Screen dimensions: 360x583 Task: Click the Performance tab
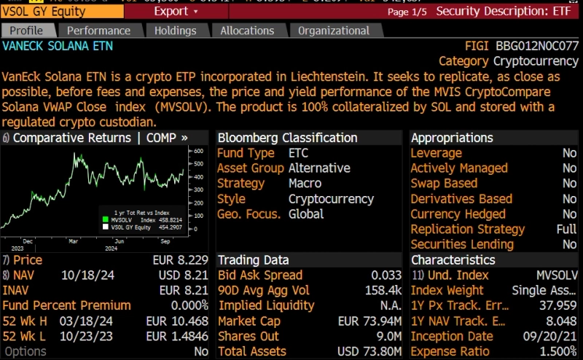click(x=98, y=31)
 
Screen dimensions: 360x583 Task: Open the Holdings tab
click(x=176, y=31)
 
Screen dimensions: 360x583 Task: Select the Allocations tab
click(x=247, y=31)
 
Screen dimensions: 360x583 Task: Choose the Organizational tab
click(x=334, y=31)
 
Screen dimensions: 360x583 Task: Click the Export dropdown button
click(x=176, y=12)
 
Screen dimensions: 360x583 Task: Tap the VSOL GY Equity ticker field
click(x=44, y=12)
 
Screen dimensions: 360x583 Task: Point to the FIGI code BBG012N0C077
click(x=537, y=46)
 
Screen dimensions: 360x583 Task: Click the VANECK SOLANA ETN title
click(x=58, y=46)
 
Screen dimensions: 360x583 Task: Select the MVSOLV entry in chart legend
click(x=125, y=219)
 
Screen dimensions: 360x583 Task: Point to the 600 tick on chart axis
click(x=196, y=151)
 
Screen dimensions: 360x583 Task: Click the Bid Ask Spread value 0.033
click(x=386, y=275)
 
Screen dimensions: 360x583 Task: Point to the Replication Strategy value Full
click(x=566, y=230)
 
